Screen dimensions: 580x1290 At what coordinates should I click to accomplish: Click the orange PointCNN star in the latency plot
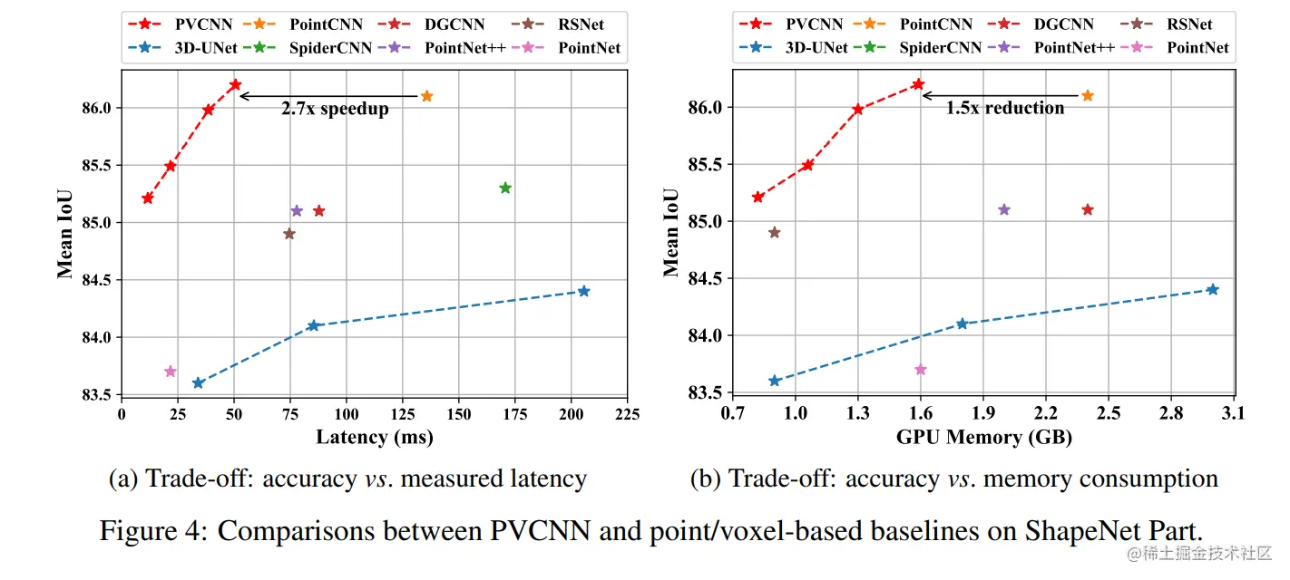tap(426, 96)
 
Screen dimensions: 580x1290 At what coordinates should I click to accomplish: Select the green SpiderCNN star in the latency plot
tap(505, 188)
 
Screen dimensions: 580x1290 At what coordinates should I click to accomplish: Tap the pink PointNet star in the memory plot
tap(921, 370)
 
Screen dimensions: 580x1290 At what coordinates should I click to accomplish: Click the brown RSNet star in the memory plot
tap(774, 232)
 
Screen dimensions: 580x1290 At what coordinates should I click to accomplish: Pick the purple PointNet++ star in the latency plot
tap(297, 211)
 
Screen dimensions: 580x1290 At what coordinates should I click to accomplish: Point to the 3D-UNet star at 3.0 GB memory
tap(1212, 289)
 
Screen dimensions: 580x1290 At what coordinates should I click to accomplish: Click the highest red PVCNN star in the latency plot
tap(235, 85)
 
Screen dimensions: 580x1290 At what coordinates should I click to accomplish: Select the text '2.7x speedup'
tap(334, 110)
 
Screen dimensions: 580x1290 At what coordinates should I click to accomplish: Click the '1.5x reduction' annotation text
tap(1005, 108)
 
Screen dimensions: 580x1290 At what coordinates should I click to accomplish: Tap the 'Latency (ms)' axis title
tap(374, 438)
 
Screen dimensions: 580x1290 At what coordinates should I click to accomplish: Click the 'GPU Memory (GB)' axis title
tap(984, 438)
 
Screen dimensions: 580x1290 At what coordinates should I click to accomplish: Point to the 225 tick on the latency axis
tap(626, 415)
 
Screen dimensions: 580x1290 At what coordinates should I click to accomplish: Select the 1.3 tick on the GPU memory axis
tap(857, 414)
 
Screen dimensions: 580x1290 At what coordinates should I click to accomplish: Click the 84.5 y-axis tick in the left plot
tap(94, 280)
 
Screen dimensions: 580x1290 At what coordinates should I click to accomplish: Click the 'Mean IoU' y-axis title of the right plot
tap(671, 232)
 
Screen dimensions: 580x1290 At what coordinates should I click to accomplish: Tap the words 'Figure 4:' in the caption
tap(154, 530)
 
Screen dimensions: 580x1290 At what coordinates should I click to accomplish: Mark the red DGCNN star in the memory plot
tap(1088, 210)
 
